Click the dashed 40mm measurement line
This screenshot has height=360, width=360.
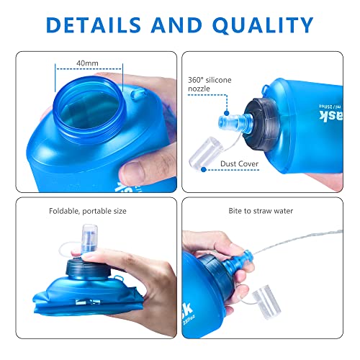[x=89, y=70]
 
